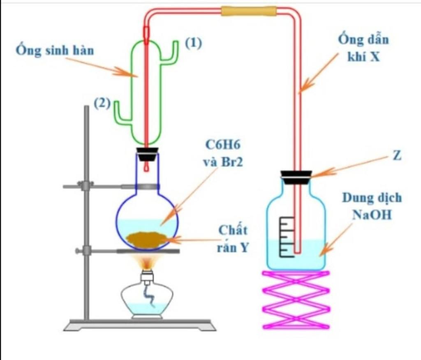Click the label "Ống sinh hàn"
[55, 51]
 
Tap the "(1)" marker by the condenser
[193, 44]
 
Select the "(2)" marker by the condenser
[102, 104]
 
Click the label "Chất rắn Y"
[233, 238]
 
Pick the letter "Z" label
[397, 156]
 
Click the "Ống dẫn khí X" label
[363, 48]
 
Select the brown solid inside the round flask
[146, 239]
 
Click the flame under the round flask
[147, 261]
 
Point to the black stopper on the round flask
[148, 155]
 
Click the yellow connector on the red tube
[248, 11]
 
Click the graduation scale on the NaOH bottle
[287, 237]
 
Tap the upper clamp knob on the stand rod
[86, 186]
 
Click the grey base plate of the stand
[140, 325]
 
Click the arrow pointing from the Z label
[349, 166]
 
